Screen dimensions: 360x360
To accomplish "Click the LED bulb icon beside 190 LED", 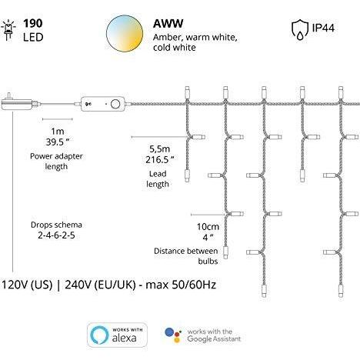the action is tap(8, 30).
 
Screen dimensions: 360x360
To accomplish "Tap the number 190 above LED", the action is tap(33, 24).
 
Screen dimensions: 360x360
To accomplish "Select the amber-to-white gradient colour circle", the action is tap(125, 34).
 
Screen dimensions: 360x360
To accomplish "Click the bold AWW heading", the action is tap(168, 24).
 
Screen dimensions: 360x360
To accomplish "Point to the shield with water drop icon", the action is tap(300, 30).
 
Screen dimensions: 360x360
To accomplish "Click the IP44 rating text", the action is tap(323, 28).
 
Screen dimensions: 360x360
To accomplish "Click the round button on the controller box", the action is tap(115, 104).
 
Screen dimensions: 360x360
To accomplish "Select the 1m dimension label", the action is tap(58, 131).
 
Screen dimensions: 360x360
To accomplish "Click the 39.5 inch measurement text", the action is tap(58, 142).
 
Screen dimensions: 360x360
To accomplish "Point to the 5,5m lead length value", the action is tap(160, 148).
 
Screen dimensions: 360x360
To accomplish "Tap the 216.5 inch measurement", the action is tap(160, 159).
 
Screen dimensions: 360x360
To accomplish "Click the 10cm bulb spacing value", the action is tap(208, 227).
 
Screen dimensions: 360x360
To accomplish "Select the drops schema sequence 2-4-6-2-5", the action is tap(56, 235).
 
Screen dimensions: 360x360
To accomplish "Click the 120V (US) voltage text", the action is tap(27, 285).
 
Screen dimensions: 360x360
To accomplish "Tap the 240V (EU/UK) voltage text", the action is tap(100, 285).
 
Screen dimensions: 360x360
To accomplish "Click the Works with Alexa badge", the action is tap(117, 335).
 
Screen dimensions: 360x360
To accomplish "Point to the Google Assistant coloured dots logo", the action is tap(173, 335).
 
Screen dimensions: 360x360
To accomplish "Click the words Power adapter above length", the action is tap(56, 156).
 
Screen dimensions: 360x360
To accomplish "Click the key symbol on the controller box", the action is tap(88, 104).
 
